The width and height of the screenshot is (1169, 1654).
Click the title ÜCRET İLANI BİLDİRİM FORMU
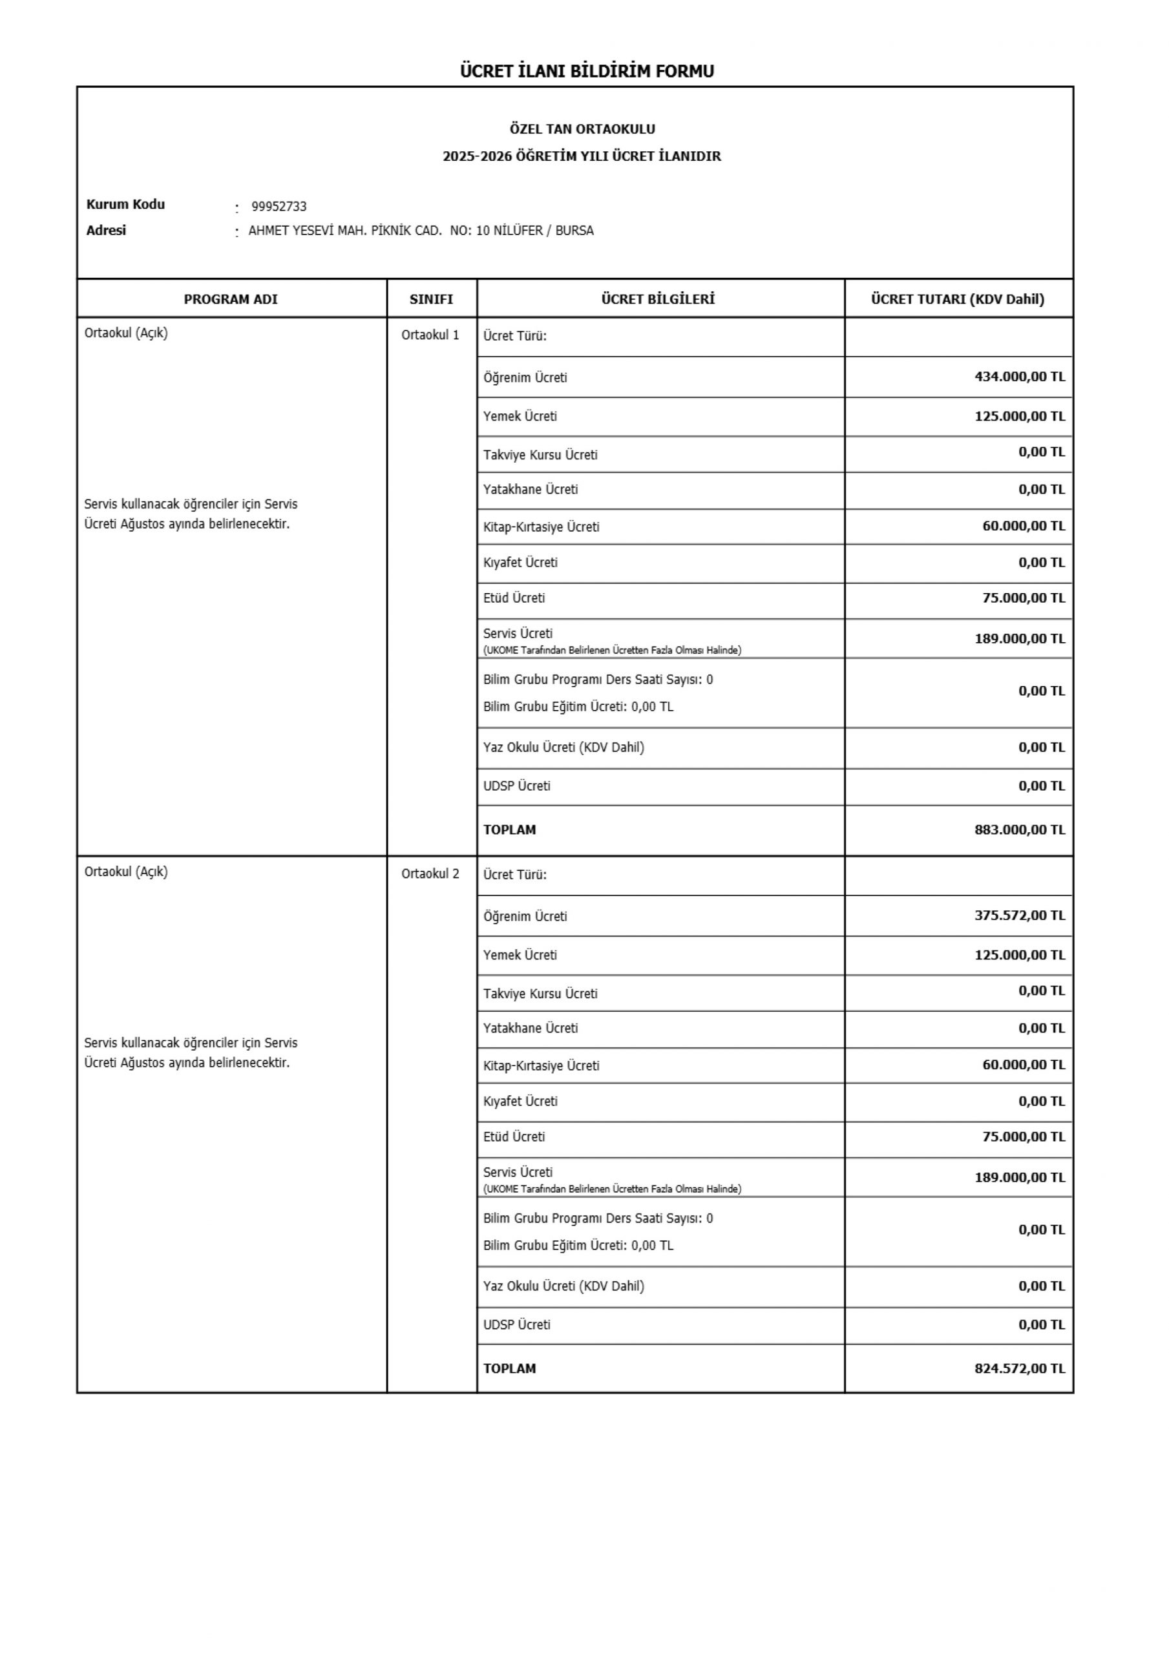(587, 70)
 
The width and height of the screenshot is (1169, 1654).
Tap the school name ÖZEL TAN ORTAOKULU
(582, 129)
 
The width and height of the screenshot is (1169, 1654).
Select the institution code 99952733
(279, 207)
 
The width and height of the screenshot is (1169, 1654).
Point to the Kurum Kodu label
(125, 205)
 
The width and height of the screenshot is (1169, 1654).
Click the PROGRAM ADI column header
(231, 299)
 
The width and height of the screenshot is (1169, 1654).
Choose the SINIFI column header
(431, 299)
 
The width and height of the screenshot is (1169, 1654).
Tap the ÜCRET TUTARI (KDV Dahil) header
(957, 299)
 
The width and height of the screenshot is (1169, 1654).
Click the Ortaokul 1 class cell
(430, 335)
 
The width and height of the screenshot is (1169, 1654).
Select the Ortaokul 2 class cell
(430, 874)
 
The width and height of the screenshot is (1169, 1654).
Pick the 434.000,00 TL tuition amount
(1019, 377)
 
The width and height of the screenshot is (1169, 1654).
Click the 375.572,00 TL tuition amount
(1019, 916)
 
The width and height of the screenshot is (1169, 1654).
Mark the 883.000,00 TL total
(1019, 829)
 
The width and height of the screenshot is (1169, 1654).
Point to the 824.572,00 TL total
(1019, 1368)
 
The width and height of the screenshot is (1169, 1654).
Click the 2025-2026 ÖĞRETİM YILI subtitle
(582, 156)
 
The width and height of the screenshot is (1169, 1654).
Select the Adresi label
(106, 231)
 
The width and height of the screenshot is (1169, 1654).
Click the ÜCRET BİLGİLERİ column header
(658, 299)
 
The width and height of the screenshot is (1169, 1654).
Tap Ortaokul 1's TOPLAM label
(510, 830)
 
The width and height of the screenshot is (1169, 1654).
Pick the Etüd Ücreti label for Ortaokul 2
(514, 1136)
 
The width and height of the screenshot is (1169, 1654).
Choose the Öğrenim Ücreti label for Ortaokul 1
(525, 377)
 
